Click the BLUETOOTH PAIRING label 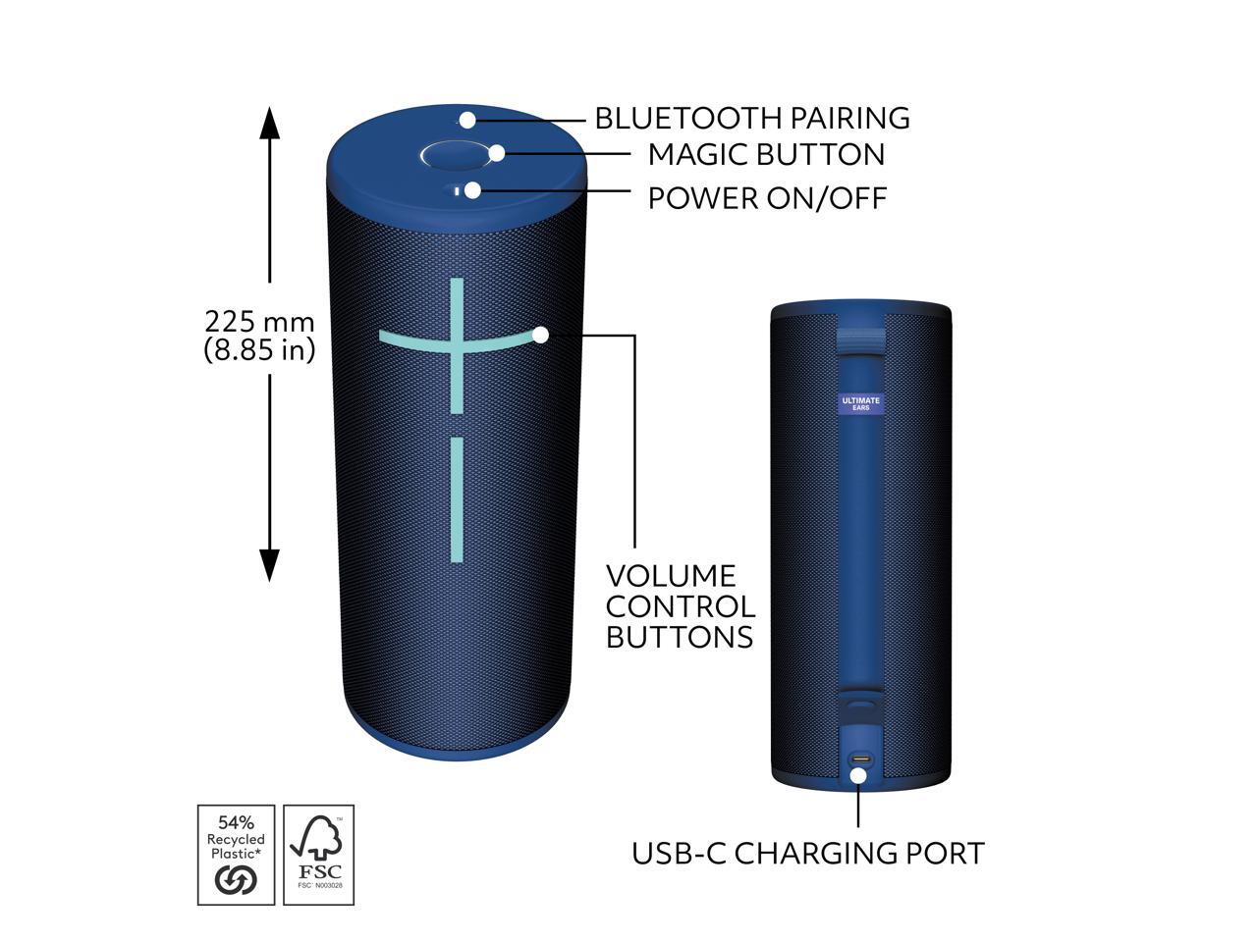[752, 118]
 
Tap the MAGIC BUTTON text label [766, 154]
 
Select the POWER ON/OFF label [767, 197]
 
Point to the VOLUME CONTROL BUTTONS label [680, 605]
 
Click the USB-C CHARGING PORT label [807, 853]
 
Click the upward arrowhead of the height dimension [269, 122]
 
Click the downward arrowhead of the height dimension [269, 565]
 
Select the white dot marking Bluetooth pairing [468, 120]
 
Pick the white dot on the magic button [497, 152]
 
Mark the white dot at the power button [472, 190]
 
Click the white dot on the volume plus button [540, 335]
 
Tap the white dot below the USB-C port [858, 775]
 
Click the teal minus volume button [457, 499]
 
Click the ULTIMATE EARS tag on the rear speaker [861, 403]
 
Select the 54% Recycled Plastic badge [237, 854]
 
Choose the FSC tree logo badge [318, 854]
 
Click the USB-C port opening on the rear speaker [861, 759]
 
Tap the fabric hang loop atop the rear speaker [861, 338]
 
